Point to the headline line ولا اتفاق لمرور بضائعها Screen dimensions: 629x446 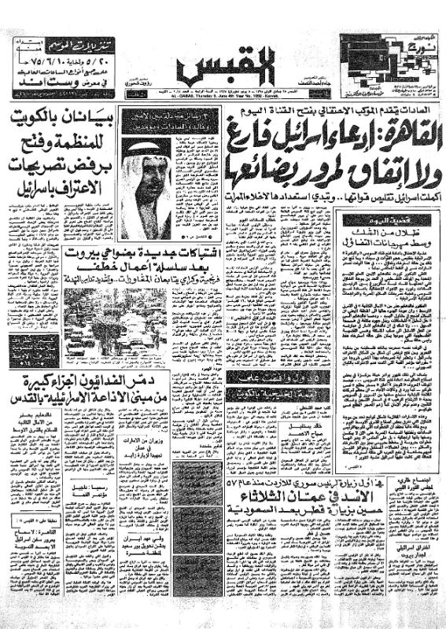pyautogui.click(x=323, y=166)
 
